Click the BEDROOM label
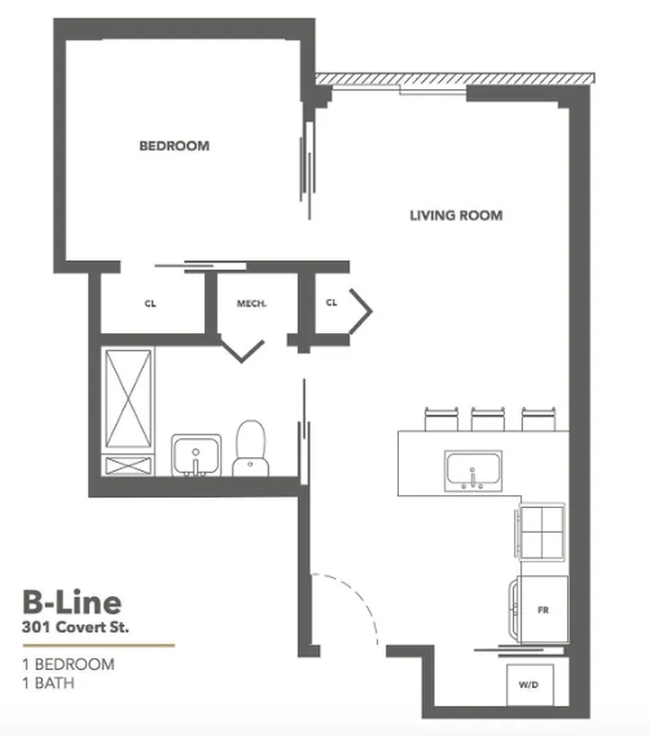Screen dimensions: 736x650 coord(174,145)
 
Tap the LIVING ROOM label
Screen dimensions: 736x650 coord(456,215)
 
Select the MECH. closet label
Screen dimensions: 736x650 coord(251,302)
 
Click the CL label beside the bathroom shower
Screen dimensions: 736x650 coord(151,302)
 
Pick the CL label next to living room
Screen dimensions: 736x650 coord(332,302)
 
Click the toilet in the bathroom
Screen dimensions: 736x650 coord(248,449)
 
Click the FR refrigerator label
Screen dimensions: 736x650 coord(542,609)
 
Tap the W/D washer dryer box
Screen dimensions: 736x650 coord(530,684)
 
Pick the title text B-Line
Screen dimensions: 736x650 coord(72,603)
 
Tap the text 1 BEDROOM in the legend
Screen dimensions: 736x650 coord(68,664)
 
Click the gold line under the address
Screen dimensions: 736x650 coord(97,646)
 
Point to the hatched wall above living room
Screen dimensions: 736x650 coord(450,80)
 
